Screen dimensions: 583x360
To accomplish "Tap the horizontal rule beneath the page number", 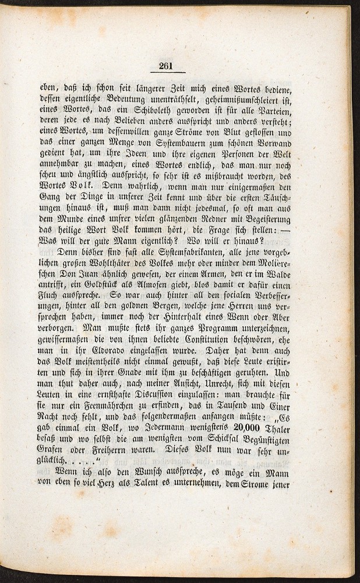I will tap(167, 72).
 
